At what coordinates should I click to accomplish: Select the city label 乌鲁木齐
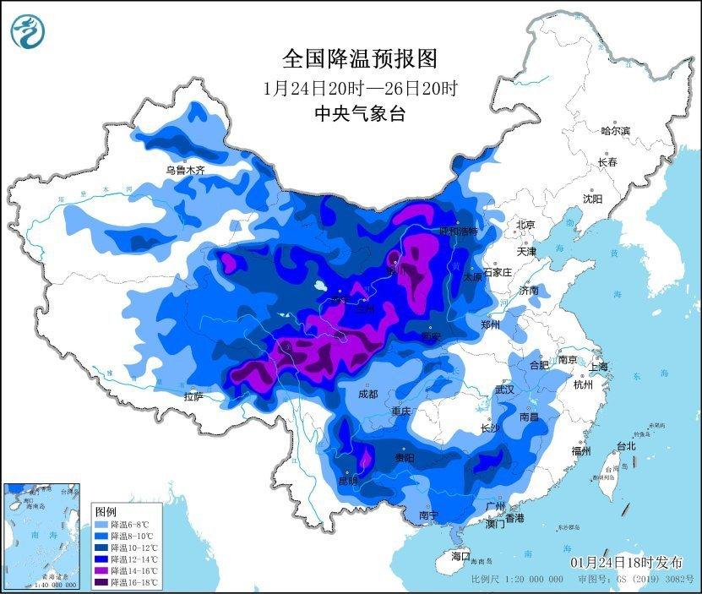(x=185, y=170)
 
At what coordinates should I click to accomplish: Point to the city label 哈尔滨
(x=615, y=131)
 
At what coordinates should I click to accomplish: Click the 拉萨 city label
(x=193, y=396)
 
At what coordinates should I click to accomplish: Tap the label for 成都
(x=367, y=394)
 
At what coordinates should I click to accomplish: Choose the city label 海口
(x=460, y=556)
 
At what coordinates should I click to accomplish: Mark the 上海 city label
(x=599, y=367)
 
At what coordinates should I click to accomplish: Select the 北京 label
(x=525, y=225)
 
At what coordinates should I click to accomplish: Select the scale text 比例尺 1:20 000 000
(x=517, y=580)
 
